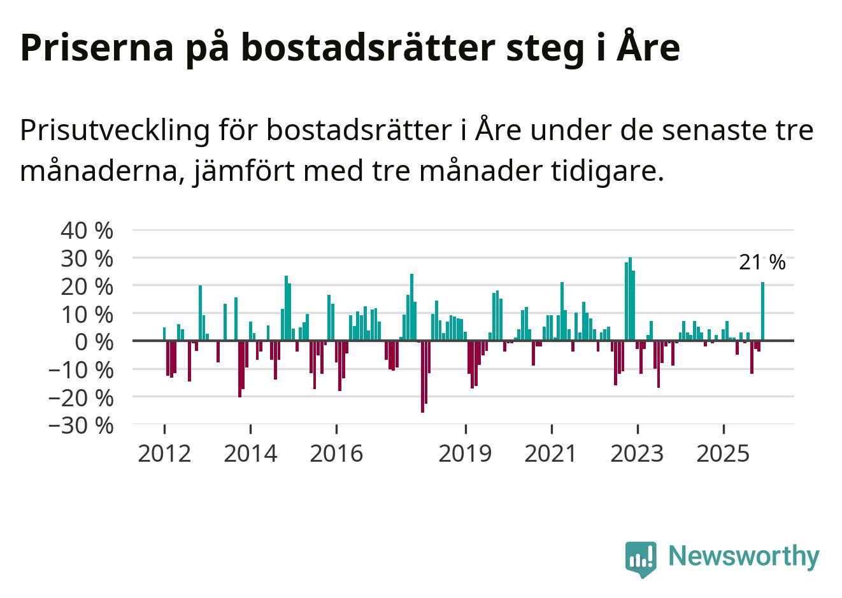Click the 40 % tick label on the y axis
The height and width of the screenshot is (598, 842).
[x=87, y=231]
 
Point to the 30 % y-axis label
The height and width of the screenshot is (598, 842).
[x=87, y=259]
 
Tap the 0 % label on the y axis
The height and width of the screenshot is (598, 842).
[x=94, y=342]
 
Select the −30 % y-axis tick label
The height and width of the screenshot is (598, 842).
[x=81, y=425]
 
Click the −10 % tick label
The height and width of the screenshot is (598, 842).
[x=81, y=369]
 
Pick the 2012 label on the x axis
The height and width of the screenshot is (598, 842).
[x=164, y=453]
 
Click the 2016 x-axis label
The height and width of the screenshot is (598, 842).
[x=336, y=453]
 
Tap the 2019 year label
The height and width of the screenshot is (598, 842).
[x=466, y=453]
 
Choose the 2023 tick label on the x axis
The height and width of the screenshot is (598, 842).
[x=637, y=453]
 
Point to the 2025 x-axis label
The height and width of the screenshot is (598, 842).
[x=724, y=453]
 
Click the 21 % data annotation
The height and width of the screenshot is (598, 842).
[x=762, y=262]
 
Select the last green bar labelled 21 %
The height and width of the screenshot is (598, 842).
[x=762, y=311]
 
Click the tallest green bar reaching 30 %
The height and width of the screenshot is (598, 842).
[x=630, y=299]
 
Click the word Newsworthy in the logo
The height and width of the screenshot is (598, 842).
[x=744, y=556]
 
